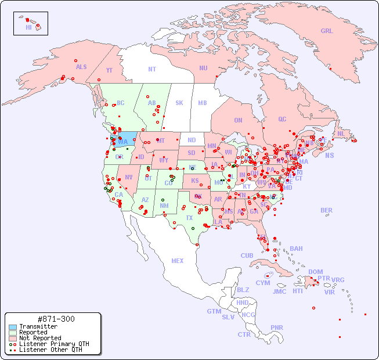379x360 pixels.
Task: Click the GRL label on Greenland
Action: tap(327, 31)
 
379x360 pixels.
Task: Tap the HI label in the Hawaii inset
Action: tap(28, 27)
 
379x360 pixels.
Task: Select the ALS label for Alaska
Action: tap(81, 67)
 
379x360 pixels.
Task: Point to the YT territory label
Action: tap(109, 70)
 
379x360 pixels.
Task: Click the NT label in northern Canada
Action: tap(152, 69)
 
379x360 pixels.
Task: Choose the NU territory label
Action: tap(203, 68)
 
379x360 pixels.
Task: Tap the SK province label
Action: tap(179, 103)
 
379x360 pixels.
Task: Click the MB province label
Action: tap(202, 103)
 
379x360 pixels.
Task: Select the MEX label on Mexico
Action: tap(177, 261)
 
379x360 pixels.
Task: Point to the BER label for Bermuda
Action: tap(326, 210)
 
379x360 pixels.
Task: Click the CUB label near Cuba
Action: tap(247, 255)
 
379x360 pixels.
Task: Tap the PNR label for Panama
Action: tap(277, 327)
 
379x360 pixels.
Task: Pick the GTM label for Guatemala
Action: tap(214, 311)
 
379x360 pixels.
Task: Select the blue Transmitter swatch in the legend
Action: tap(12, 326)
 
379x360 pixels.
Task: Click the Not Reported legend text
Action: tap(40, 338)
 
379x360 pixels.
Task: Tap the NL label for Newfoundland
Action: tap(341, 133)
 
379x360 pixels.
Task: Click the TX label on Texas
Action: tap(189, 218)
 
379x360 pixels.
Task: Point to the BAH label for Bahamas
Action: tap(296, 249)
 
